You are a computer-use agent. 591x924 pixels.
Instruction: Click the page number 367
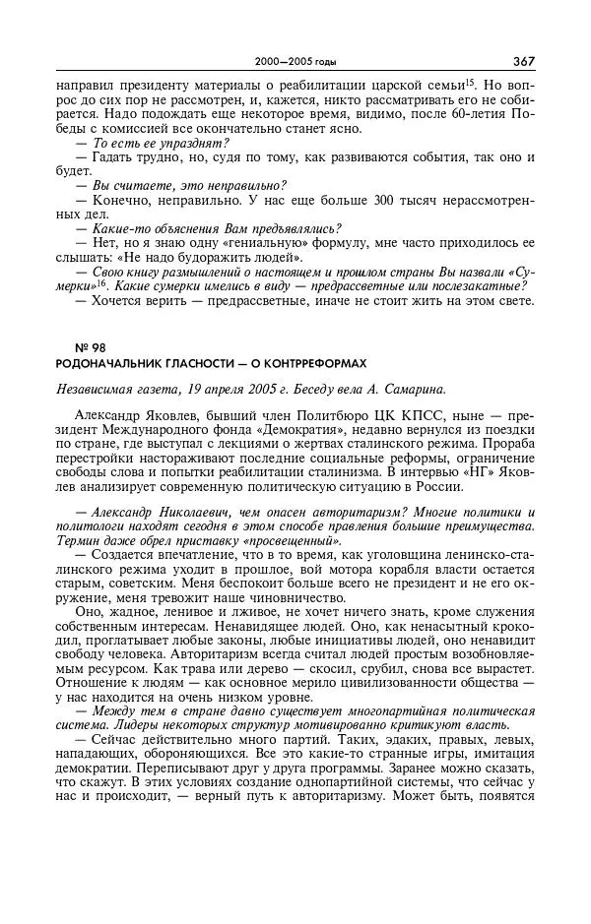tap(524, 61)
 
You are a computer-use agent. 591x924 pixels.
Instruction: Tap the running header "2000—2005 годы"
tap(295, 62)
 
